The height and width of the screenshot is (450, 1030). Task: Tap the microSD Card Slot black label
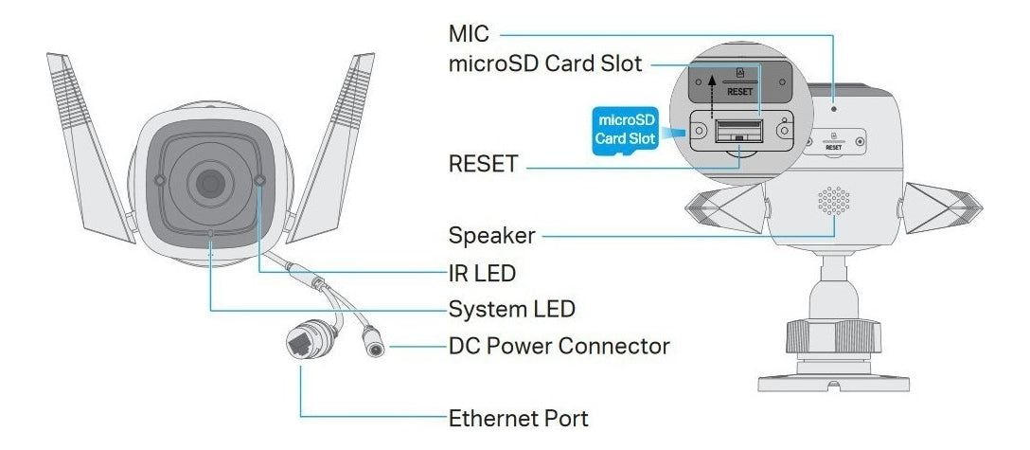pyautogui.click(x=547, y=64)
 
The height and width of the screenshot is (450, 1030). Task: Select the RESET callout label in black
pyautogui.click(x=483, y=165)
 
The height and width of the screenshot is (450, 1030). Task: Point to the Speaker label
pyautogui.click(x=492, y=234)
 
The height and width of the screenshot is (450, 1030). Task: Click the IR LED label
pyautogui.click(x=482, y=274)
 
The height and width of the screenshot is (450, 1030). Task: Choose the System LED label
pyautogui.click(x=511, y=310)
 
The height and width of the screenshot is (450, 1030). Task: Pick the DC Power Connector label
pyautogui.click(x=559, y=346)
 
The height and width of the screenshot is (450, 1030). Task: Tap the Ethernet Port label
pyautogui.click(x=518, y=417)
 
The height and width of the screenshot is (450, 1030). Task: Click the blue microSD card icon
pyautogui.click(x=623, y=131)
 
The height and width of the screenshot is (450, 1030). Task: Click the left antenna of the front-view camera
pyautogui.click(x=90, y=142)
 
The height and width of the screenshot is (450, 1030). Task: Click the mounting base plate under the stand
pyautogui.click(x=833, y=379)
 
